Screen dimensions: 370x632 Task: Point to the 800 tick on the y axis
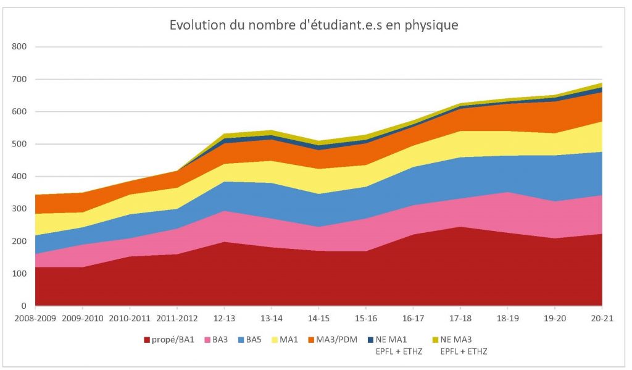click(20, 47)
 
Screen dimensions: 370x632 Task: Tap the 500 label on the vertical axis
click(20, 144)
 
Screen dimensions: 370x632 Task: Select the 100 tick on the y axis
click(20, 274)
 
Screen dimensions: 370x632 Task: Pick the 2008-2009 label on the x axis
click(36, 319)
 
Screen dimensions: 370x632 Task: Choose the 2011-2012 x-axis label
click(177, 319)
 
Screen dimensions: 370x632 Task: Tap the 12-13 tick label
click(224, 319)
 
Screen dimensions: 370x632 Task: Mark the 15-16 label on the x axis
click(366, 319)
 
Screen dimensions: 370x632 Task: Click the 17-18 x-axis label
click(460, 319)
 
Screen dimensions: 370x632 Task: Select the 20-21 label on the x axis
click(602, 319)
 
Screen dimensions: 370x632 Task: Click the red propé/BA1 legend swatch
click(147, 340)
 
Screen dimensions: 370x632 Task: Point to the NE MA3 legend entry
click(456, 340)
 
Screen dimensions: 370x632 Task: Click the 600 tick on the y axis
click(20, 112)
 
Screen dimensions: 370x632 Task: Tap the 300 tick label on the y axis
click(20, 209)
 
